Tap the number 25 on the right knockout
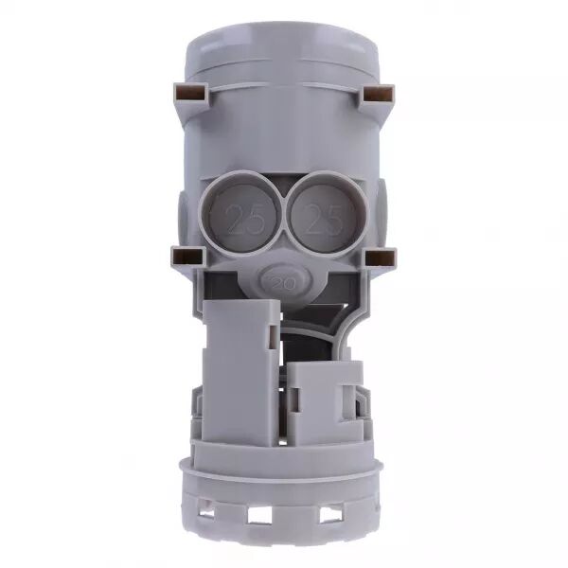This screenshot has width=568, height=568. pos(323,219)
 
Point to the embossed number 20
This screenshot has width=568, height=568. pos(284,283)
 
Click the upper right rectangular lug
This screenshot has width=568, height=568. pos(378,94)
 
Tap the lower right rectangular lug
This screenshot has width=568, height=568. pos(381,257)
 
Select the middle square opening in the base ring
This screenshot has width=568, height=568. pos(259,514)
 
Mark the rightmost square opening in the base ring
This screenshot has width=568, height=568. pos(329,513)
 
